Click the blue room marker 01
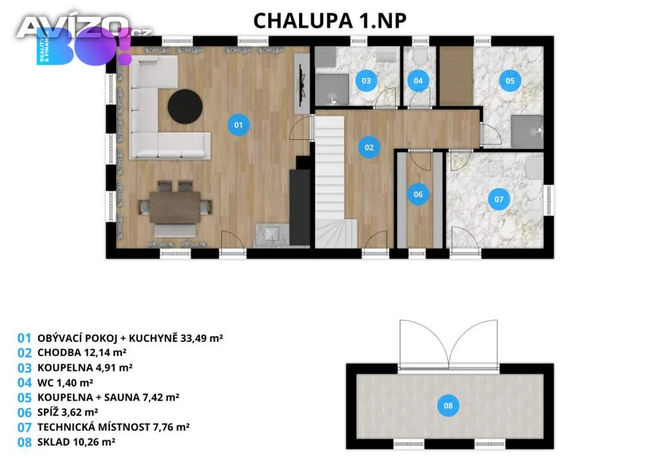point(238,124)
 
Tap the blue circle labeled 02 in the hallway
point(369,147)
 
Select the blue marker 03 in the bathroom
point(366,81)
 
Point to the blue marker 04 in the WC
point(418,81)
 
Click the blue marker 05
point(510,81)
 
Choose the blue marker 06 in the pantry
point(418,194)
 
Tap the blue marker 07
point(499,199)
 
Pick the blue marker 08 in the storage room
point(448,406)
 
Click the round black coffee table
point(185,106)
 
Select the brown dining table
point(175,207)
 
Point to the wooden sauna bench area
point(456,76)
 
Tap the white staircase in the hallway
point(331,181)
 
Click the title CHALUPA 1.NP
point(330,21)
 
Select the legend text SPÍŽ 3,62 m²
point(68,412)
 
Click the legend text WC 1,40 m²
point(65,383)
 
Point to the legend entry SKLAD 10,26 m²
point(76,442)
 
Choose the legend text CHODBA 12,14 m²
point(82,352)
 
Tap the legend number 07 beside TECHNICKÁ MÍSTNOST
point(24,428)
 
